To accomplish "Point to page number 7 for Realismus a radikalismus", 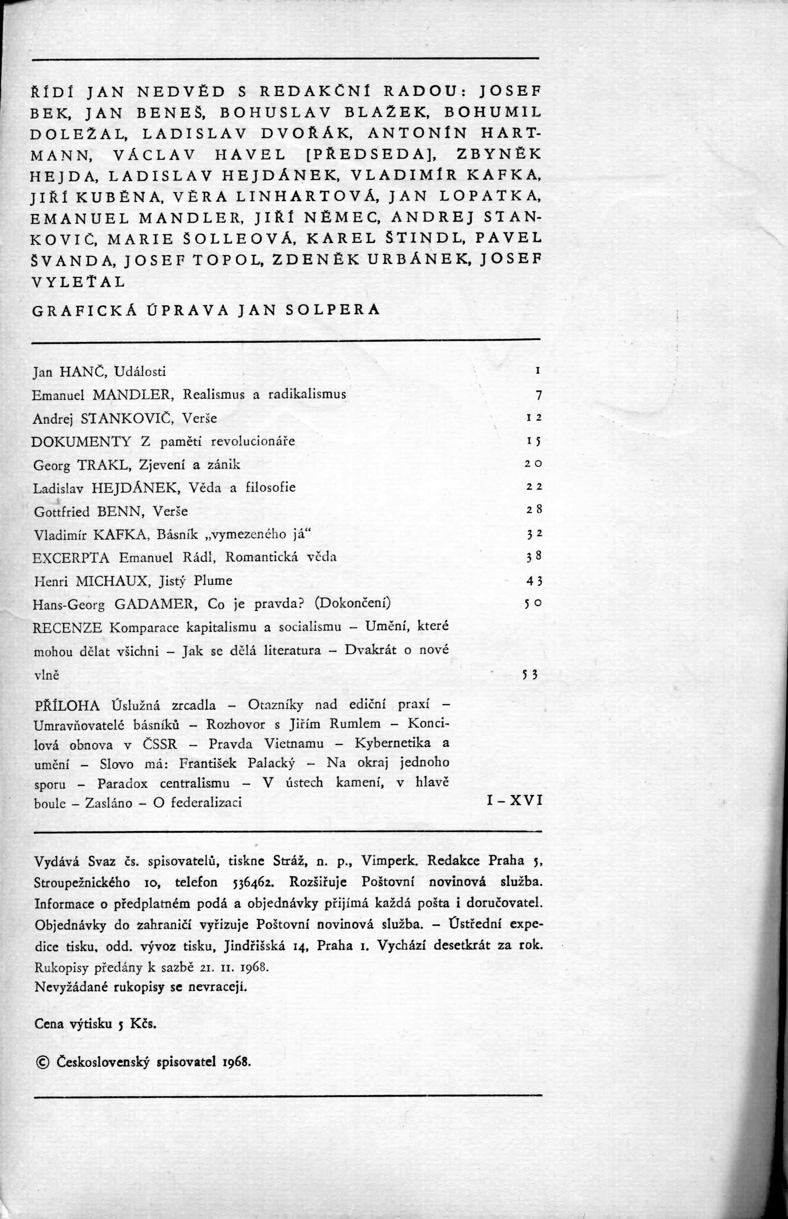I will click(538, 395).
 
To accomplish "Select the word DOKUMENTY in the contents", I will click(82, 442).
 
